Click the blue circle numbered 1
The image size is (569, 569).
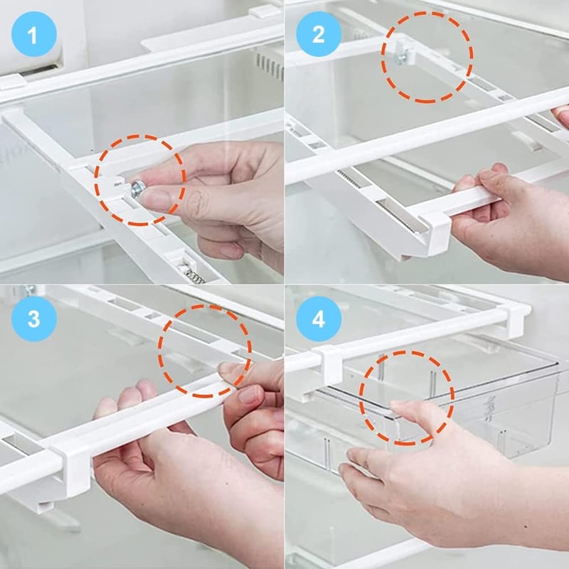[33, 34]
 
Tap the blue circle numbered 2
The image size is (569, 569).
[319, 34]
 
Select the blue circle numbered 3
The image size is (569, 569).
[33, 319]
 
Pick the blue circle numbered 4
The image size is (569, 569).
[319, 319]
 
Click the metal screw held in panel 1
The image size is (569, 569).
[137, 188]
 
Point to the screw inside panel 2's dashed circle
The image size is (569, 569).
[402, 57]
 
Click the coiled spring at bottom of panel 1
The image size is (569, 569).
[193, 273]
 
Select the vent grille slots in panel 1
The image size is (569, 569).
[270, 66]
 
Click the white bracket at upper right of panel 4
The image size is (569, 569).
[515, 319]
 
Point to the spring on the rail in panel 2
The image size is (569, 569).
[350, 179]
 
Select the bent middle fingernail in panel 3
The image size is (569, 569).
[250, 395]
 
